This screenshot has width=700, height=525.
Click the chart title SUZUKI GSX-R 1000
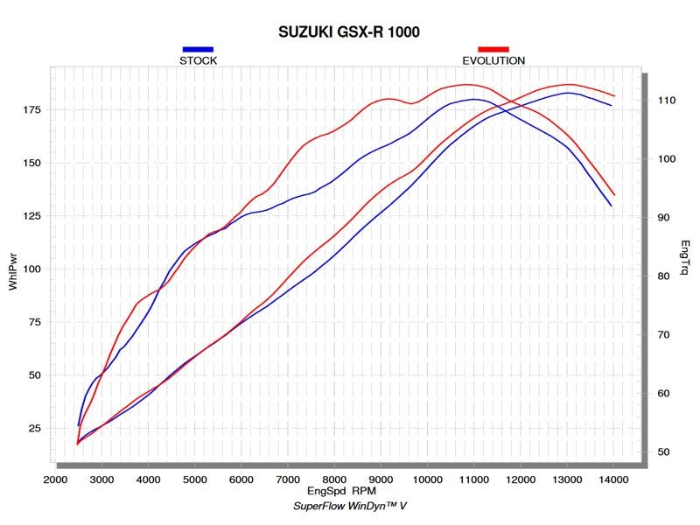[349, 32]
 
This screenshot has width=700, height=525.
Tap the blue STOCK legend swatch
[198, 50]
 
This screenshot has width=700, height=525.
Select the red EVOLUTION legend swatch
[493, 50]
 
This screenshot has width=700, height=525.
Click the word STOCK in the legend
[198, 61]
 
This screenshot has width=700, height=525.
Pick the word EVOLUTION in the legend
[493, 61]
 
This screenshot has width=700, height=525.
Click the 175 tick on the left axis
[31, 109]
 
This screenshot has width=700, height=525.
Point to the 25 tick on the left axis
[35, 428]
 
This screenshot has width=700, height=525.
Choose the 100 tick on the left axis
[31, 269]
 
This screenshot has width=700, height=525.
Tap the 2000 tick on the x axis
[55, 479]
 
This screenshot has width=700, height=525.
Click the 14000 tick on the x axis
[613, 479]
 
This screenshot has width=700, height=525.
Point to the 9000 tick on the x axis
[381, 479]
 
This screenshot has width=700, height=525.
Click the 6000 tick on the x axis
[241, 479]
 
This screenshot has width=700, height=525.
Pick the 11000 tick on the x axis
[473, 479]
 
